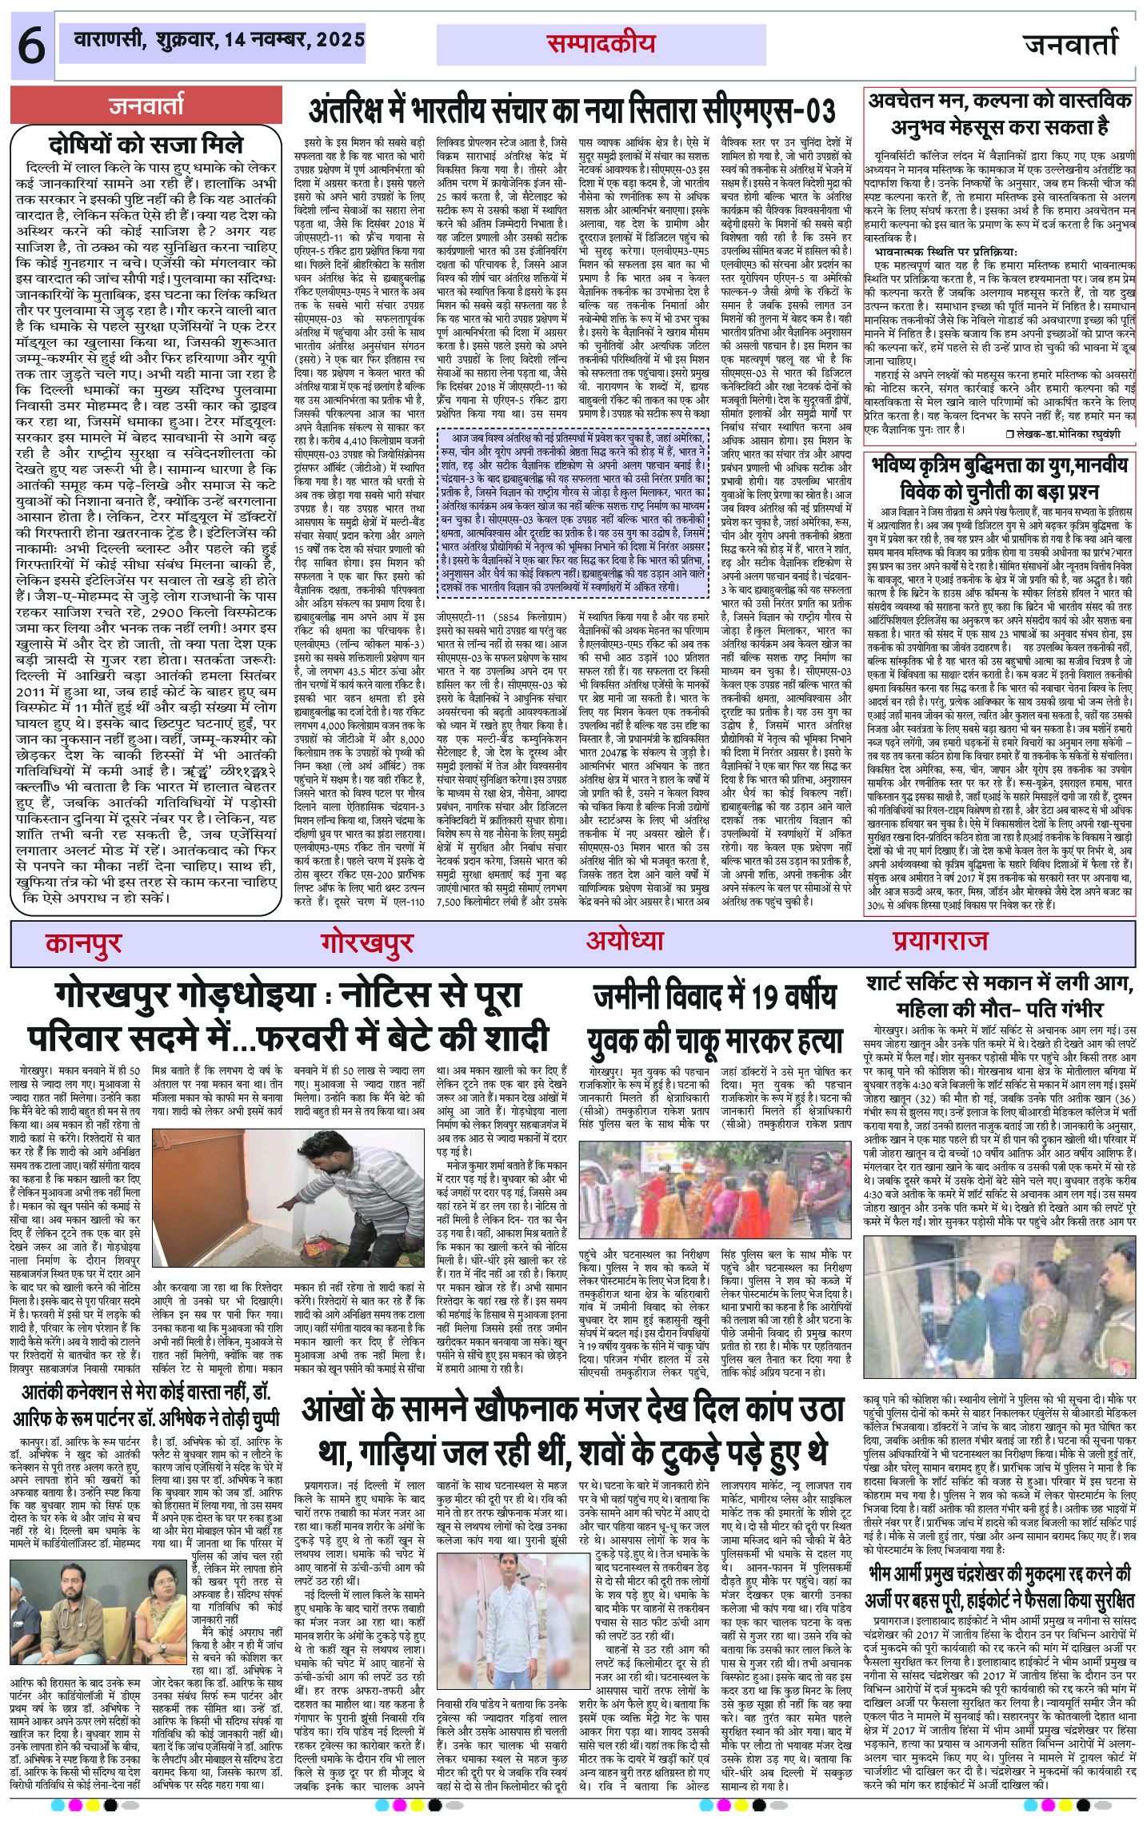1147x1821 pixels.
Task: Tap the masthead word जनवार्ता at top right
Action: (x=1071, y=45)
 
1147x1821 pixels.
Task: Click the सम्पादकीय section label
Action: (x=601, y=44)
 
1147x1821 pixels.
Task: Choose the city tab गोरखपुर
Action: (x=367, y=943)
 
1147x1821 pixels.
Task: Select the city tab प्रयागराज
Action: (x=941, y=941)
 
